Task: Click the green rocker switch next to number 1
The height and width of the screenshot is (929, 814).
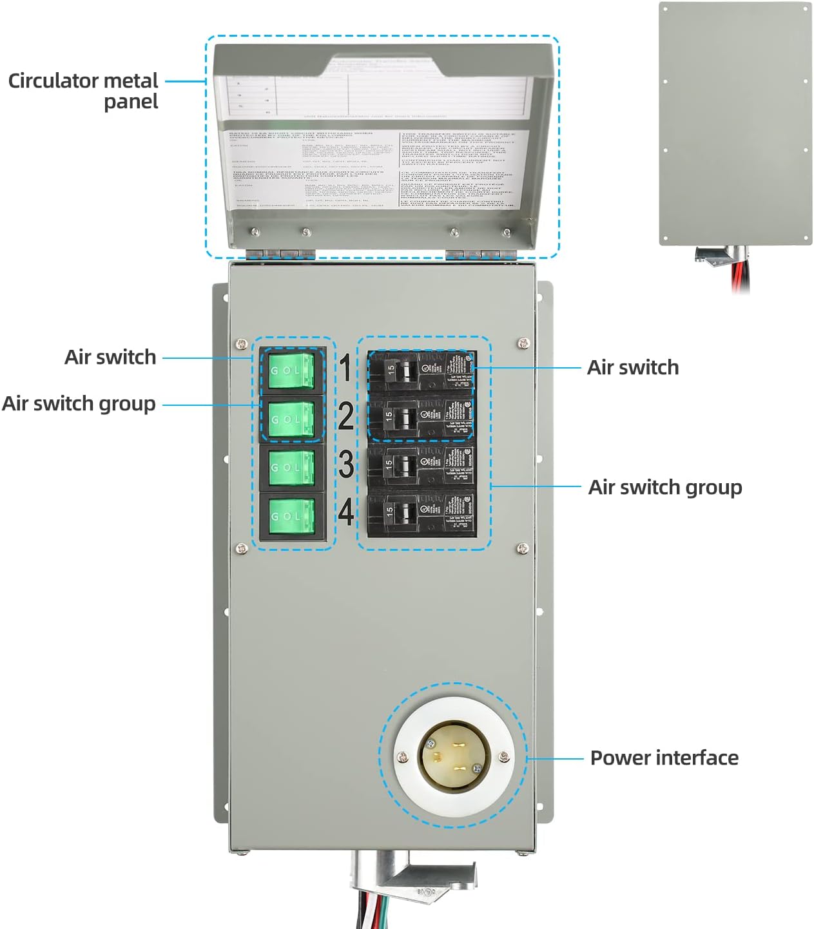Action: [x=292, y=370]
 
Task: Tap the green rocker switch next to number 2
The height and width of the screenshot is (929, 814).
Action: [x=292, y=419]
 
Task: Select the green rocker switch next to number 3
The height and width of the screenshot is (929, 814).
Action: [x=292, y=467]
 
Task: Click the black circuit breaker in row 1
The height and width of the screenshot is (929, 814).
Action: [x=422, y=370]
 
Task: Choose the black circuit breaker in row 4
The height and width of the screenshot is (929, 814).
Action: [x=422, y=513]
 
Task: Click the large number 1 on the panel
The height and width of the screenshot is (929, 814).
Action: [x=345, y=369]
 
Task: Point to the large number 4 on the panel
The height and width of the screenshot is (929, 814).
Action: [x=346, y=513]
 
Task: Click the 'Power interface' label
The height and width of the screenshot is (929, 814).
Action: [x=664, y=758]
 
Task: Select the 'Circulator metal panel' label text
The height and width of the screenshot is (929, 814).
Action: [x=84, y=91]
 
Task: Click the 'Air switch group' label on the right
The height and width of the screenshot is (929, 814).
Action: [x=664, y=487]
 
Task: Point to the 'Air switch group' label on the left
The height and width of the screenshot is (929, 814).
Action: [x=79, y=404]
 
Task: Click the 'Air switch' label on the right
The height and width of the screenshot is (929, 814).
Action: [x=632, y=367]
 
